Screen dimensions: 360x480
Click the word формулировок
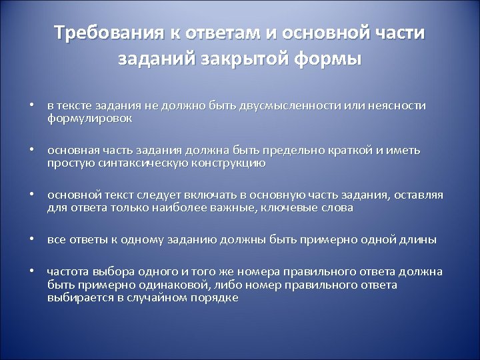pos(89,118)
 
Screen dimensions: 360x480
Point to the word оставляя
pos(419,195)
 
